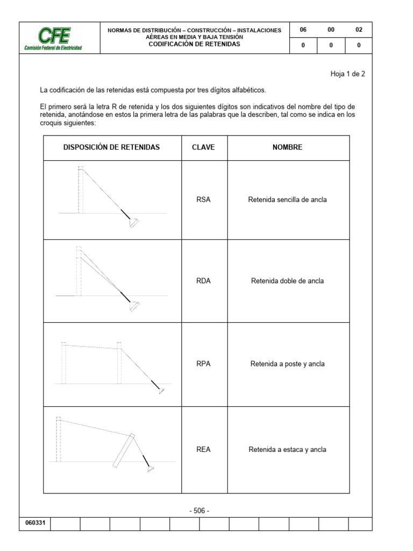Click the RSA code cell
pyautogui.click(x=204, y=200)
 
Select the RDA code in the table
pyautogui.click(x=204, y=281)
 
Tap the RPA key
pyautogui.click(x=204, y=364)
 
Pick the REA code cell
pyautogui.click(x=204, y=450)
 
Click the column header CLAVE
pyautogui.click(x=204, y=147)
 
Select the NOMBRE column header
pyautogui.click(x=288, y=147)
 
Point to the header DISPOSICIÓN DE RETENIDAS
pyautogui.click(x=112, y=147)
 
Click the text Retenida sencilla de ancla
pyautogui.click(x=288, y=200)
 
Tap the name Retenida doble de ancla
pyautogui.click(x=288, y=281)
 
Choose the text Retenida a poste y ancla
pyautogui.click(x=288, y=364)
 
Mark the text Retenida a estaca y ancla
pyautogui.click(x=288, y=450)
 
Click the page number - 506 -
pyautogui.click(x=200, y=511)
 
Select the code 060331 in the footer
pyautogui.click(x=34, y=524)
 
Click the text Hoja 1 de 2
pyautogui.click(x=347, y=74)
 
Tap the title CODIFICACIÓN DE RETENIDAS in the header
pyautogui.click(x=194, y=44)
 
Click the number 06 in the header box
pyautogui.click(x=303, y=30)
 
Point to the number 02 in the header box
pyautogui.click(x=359, y=30)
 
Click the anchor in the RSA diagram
pyautogui.click(x=133, y=223)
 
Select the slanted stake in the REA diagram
pyautogui.click(x=123, y=451)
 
